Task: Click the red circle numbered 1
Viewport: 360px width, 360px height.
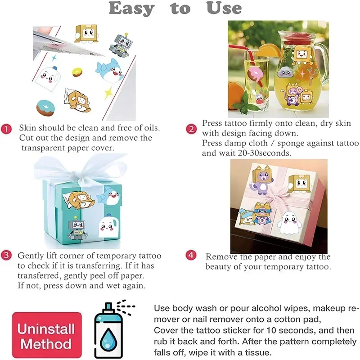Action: tap(6, 129)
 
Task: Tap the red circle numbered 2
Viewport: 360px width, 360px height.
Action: tap(191, 129)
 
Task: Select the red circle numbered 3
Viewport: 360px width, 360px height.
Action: tap(6, 255)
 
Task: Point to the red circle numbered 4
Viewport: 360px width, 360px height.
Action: tap(191, 255)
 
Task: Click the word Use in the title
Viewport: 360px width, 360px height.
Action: tap(224, 8)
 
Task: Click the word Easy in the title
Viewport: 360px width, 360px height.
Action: tap(131, 9)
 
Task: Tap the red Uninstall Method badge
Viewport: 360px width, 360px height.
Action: tap(47, 335)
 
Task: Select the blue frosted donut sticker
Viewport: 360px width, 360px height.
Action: tap(46, 108)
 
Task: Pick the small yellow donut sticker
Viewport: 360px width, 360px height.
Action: tap(77, 72)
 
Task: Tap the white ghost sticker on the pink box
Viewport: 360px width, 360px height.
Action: tap(289, 222)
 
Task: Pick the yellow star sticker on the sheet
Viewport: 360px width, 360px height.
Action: tap(109, 93)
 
